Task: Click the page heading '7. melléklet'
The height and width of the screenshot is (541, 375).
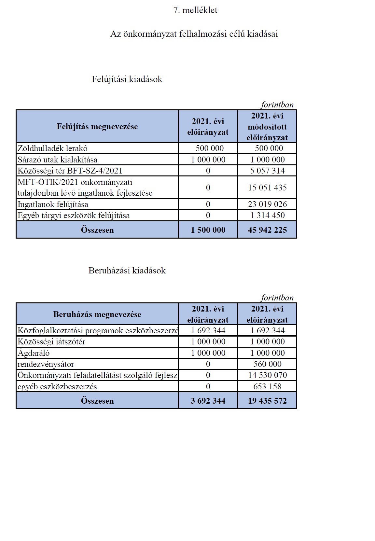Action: tap(195, 10)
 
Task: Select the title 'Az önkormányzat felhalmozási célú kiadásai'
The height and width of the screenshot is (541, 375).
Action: tap(194, 34)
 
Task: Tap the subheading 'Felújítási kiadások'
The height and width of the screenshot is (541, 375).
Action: tap(127, 79)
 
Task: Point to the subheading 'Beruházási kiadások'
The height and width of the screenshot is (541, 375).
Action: tap(127, 270)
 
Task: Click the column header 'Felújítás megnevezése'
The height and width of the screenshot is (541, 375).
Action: tap(97, 126)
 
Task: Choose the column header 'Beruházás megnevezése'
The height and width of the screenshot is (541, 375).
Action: tap(97, 314)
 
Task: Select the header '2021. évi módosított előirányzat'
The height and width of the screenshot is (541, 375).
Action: tap(267, 126)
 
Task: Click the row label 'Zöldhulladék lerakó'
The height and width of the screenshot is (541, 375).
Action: tap(52, 148)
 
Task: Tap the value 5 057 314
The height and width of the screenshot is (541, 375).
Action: tap(267, 171)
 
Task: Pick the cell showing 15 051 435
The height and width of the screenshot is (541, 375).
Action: tap(267, 187)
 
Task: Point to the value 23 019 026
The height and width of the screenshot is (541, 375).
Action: tap(267, 204)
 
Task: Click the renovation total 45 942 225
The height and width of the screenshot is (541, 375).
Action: tap(267, 230)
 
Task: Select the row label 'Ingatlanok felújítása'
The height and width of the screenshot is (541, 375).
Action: tap(53, 204)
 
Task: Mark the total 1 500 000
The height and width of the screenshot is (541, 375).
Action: tap(208, 230)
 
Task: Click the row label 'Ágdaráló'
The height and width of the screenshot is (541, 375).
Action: tap(34, 353)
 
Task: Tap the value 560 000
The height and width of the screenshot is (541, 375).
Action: tap(267, 364)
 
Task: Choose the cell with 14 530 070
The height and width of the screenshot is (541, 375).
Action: tap(267, 375)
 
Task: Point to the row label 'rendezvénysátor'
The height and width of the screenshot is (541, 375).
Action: tap(46, 364)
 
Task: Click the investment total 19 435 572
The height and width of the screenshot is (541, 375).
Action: tap(267, 400)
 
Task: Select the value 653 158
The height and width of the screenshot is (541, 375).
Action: tap(267, 386)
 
